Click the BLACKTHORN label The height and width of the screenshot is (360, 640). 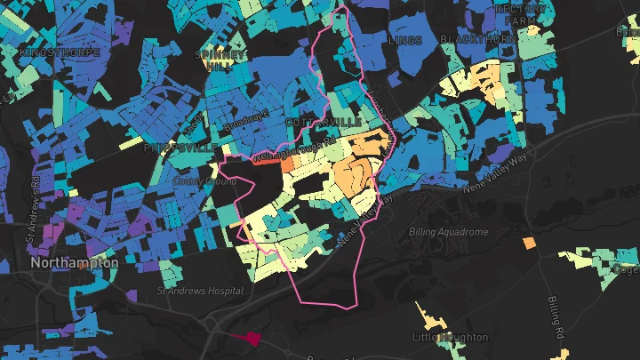tap(478, 40)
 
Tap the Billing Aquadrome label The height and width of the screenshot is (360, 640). tap(448, 232)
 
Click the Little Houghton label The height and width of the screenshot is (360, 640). tap(450, 338)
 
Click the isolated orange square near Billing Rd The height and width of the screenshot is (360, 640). tap(530, 243)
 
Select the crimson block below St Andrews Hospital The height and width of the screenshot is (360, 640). tap(252, 338)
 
